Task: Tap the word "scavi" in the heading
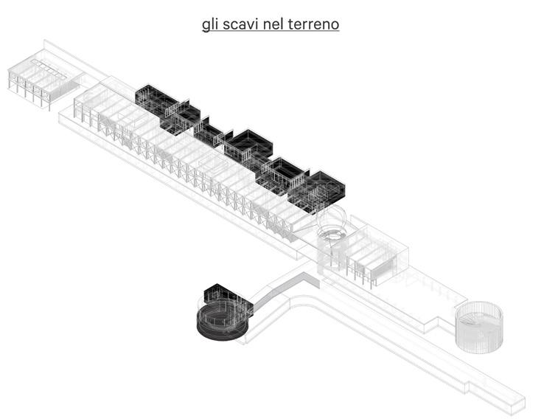tap(240, 24)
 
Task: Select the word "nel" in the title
tap(275, 24)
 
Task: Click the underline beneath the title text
tap(271, 32)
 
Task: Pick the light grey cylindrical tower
tap(479, 325)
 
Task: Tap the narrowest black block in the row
tap(209, 134)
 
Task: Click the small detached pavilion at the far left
tap(40, 80)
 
